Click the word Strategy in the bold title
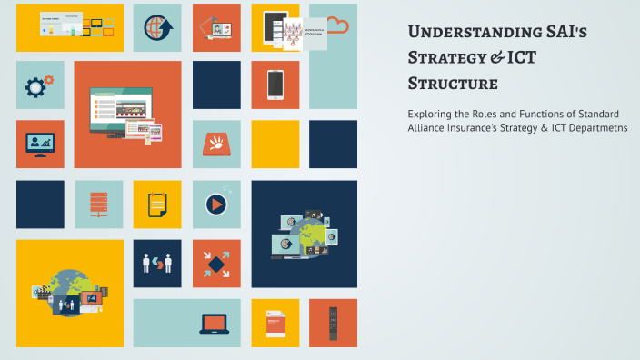pos(446,58)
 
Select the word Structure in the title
pos(453,84)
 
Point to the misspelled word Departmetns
pos(596,127)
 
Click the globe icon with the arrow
pos(157,27)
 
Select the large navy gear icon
pos(36,86)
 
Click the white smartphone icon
pos(275,84)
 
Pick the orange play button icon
pos(216,204)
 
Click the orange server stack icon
pos(98,204)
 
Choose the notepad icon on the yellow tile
pos(157,203)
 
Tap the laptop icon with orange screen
pos(215,323)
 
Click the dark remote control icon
pos(334,322)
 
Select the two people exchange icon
pos(157,264)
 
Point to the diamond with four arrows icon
pos(216,264)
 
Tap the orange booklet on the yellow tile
pos(275,323)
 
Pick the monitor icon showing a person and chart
pos(40,144)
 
